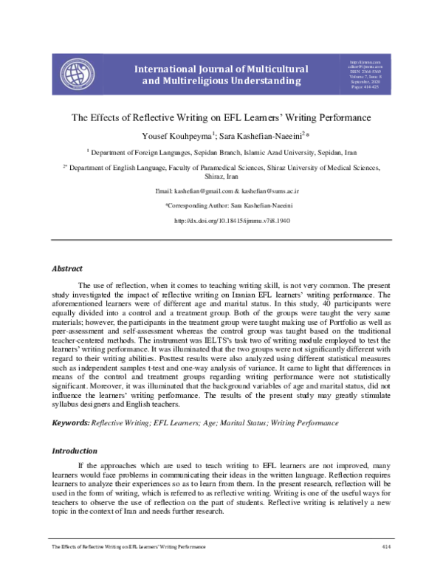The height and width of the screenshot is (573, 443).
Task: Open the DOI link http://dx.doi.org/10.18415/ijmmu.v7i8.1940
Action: pyautogui.click(x=232, y=221)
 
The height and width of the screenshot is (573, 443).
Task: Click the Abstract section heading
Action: pyautogui.click(x=66, y=268)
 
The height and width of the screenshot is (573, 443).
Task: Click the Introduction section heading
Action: pyautogui.click(x=75, y=450)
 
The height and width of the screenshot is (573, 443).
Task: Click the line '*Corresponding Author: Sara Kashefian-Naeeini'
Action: pyautogui.click(x=221, y=206)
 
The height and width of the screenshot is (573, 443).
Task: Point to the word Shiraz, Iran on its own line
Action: pyautogui.click(x=221, y=177)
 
